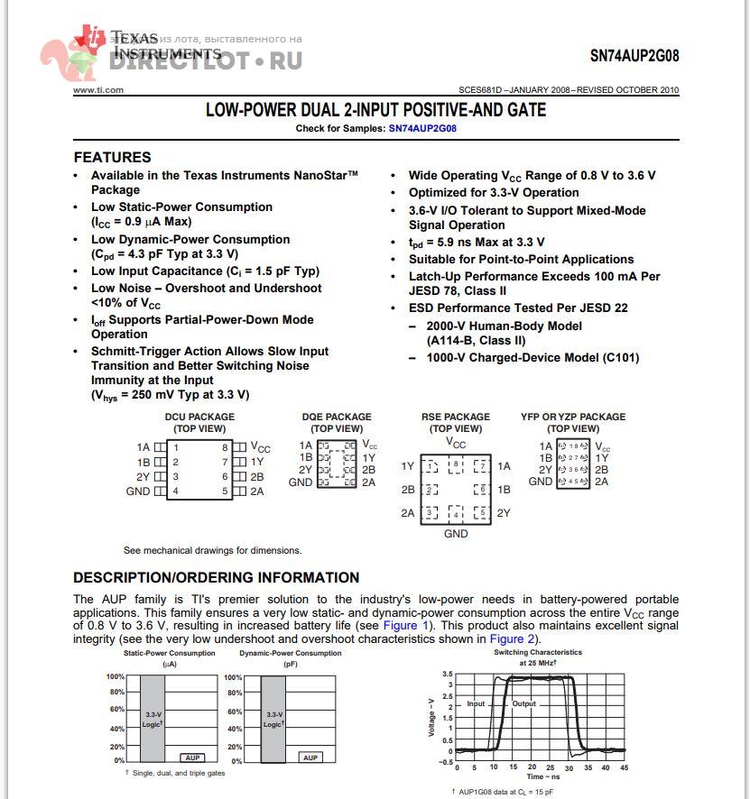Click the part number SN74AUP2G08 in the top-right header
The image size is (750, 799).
coord(634,56)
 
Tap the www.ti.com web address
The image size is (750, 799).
coord(98,90)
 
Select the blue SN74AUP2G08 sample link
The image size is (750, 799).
coord(422,129)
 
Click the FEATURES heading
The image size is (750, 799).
coord(112,157)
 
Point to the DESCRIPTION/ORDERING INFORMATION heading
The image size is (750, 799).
coord(216,578)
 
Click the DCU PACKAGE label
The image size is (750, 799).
coord(199,418)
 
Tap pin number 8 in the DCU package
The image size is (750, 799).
coord(225,447)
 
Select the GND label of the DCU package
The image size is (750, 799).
coord(138,491)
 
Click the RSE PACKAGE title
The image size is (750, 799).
coord(456,418)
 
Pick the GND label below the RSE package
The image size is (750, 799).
coord(456,534)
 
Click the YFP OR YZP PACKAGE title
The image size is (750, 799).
coord(573,418)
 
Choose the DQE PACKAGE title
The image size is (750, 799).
coord(337,418)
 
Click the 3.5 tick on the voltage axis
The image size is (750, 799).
coord(447,674)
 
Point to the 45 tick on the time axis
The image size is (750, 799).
coord(624,767)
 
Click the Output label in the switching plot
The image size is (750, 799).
coord(524,703)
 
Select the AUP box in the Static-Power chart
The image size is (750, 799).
coord(191,758)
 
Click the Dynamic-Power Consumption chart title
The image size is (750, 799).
coord(291,653)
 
